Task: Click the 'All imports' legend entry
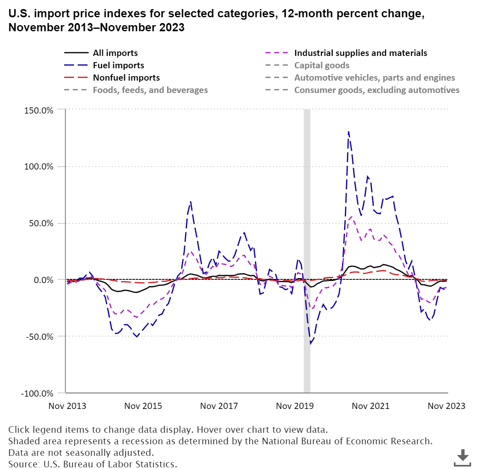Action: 115,53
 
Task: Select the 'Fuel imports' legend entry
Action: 118,65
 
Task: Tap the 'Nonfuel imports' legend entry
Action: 126,78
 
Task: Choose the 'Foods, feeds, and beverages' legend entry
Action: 150,90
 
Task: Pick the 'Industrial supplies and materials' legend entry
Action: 361,53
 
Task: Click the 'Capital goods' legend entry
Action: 321,65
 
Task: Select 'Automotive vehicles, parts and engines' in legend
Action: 375,78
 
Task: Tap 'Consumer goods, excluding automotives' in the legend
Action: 377,90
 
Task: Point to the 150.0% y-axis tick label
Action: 38,110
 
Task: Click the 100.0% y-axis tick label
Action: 38,167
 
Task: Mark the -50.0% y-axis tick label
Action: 39,337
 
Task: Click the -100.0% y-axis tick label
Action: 37,393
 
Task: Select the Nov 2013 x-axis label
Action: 67,406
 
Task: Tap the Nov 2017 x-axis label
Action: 219,406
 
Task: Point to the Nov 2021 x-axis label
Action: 370,406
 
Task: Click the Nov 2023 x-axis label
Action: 446,406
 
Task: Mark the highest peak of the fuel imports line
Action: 349,132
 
